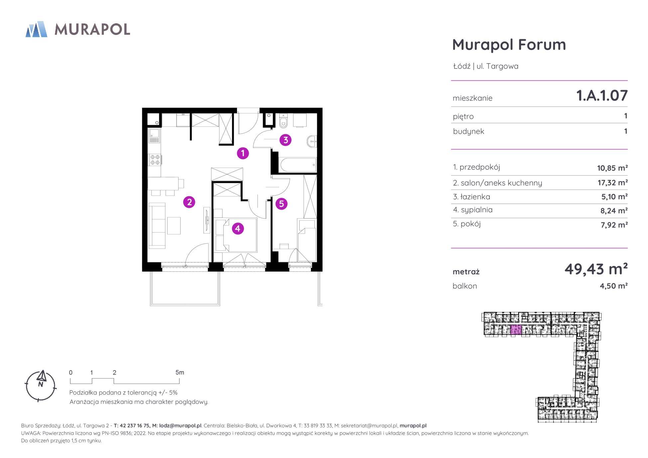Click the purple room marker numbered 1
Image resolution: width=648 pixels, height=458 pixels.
pyautogui.click(x=243, y=153)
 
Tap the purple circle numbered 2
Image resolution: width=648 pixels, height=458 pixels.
pyautogui.click(x=189, y=202)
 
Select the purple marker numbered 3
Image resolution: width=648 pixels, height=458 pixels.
pyautogui.click(x=285, y=140)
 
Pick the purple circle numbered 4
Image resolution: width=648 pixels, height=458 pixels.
pyautogui.click(x=238, y=229)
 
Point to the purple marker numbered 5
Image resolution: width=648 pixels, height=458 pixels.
pyautogui.click(x=281, y=204)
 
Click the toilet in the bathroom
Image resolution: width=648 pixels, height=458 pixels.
pyautogui.click(x=283, y=122)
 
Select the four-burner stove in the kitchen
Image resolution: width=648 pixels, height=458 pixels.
pyautogui.click(x=155, y=159)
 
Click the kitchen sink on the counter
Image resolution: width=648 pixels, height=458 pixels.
pyautogui.click(x=154, y=136)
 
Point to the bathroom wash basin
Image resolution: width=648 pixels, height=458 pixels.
pyautogui.click(x=313, y=141)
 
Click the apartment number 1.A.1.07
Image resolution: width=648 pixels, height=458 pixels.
pyautogui.click(x=602, y=96)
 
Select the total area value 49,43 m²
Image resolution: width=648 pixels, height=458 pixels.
pyautogui.click(x=596, y=269)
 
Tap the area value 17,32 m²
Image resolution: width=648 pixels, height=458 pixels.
pyautogui.click(x=612, y=183)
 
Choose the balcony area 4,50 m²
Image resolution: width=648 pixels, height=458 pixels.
pyautogui.click(x=614, y=286)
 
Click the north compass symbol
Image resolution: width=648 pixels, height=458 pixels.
pyautogui.click(x=41, y=385)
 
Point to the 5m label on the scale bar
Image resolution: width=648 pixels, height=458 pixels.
pyautogui.click(x=180, y=373)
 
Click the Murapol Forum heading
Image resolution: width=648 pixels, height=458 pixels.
pyautogui.click(x=509, y=45)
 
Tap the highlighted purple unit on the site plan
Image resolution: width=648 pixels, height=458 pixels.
pyautogui.click(x=516, y=330)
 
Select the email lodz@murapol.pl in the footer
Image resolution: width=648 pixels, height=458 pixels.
pyautogui.click(x=180, y=425)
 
